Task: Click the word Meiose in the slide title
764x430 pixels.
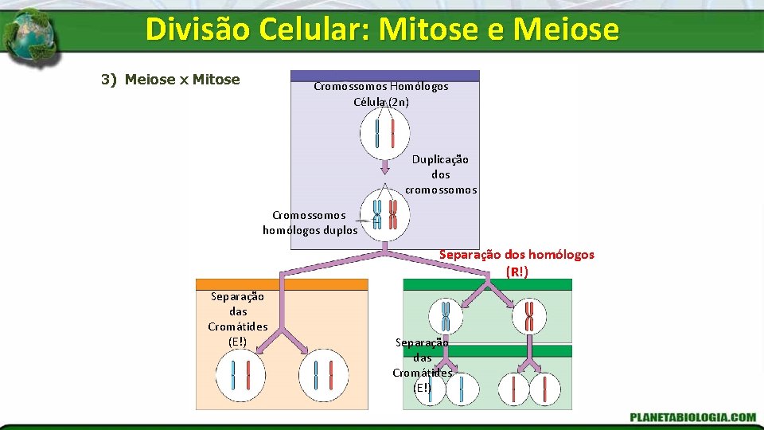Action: click(566, 29)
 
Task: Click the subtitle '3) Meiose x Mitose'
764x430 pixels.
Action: click(170, 79)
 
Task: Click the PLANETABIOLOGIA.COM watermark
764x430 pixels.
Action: click(692, 416)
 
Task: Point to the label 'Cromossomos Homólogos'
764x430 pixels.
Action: click(380, 86)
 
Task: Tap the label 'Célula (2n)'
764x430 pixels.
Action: click(381, 101)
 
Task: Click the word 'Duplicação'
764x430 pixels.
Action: click(440, 159)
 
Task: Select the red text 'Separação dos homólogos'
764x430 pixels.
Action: click(516, 255)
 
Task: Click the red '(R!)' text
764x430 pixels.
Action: click(516, 272)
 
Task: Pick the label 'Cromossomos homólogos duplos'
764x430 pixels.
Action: click(311, 223)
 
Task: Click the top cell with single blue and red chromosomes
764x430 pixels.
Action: click(384, 132)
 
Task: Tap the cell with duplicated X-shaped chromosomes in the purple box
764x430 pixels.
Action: click(384, 213)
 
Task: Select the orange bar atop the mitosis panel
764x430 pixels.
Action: click(282, 284)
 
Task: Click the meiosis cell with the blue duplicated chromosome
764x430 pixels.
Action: click(446, 316)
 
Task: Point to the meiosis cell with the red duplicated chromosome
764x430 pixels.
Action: click(529, 316)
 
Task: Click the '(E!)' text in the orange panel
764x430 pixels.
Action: click(237, 342)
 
